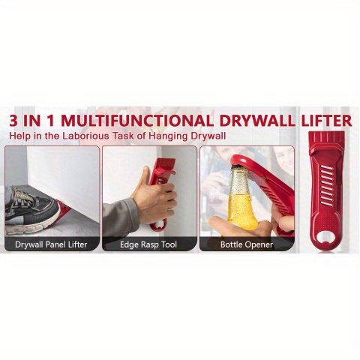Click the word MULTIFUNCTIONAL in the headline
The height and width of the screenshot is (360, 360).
tap(137, 121)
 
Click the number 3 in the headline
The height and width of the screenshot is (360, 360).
tap(13, 121)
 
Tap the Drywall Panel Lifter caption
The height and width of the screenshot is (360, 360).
tap(51, 244)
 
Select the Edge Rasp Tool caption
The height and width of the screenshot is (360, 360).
tap(148, 244)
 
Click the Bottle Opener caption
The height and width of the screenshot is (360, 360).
tap(247, 244)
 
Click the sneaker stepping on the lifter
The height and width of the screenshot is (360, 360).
tap(31, 210)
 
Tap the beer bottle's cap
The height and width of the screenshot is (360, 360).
tap(238, 167)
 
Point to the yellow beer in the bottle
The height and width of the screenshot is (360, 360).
tap(241, 211)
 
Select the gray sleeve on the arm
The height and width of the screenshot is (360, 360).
tap(121, 217)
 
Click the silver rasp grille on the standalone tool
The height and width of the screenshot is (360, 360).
tap(327, 185)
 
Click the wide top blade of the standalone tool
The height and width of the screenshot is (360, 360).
tap(326, 140)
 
